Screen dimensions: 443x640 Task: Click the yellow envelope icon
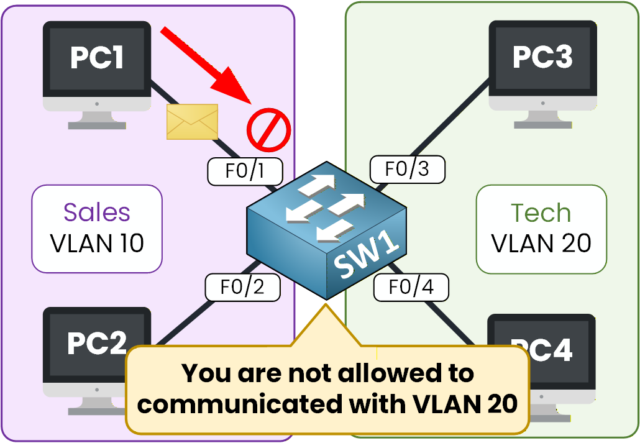point(192,122)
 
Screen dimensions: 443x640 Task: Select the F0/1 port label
point(245,171)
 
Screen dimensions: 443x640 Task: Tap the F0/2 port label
point(242,286)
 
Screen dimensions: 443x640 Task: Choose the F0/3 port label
point(408,169)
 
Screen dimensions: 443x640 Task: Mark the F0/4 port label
point(410,287)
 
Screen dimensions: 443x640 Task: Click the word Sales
point(97,212)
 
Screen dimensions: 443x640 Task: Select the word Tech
point(541,213)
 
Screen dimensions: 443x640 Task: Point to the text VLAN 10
point(97,243)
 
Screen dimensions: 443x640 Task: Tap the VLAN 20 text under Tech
point(541,243)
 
